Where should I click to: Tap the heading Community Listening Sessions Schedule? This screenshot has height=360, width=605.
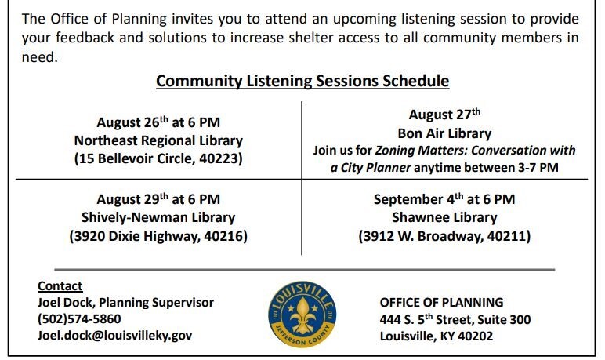click(x=302, y=81)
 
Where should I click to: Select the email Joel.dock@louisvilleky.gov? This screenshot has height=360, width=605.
click(x=114, y=336)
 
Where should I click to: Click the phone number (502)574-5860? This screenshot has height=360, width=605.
click(x=79, y=319)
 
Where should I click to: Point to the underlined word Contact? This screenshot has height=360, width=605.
click(x=60, y=286)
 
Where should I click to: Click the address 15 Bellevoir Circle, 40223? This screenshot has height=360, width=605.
click(x=158, y=158)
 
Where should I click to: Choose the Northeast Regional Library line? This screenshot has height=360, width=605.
click(x=158, y=140)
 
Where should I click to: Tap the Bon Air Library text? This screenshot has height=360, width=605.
click(x=444, y=133)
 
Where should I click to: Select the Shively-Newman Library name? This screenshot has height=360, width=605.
click(x=158, y=217)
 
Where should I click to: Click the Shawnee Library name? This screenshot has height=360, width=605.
click(x=444, y=217)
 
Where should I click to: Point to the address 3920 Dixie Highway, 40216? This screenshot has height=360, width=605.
click(x=158, y=235)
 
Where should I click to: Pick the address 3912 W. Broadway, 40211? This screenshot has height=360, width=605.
click(x=444, y=235)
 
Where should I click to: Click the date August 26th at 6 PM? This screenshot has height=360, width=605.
click(x=158, y=122)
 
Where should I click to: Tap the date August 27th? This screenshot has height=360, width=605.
click(x=444, y=115)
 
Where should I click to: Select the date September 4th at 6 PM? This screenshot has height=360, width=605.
click(x=444, y=199)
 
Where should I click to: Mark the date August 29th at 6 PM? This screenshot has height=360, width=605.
click(x=158, y=199)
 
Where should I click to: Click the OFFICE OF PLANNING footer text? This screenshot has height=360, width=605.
click(x=441, y=303)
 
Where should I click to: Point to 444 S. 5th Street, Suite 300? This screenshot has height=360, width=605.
click(x=455, y=319)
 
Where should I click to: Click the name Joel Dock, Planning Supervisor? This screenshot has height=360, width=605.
click(x=125, y=303)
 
